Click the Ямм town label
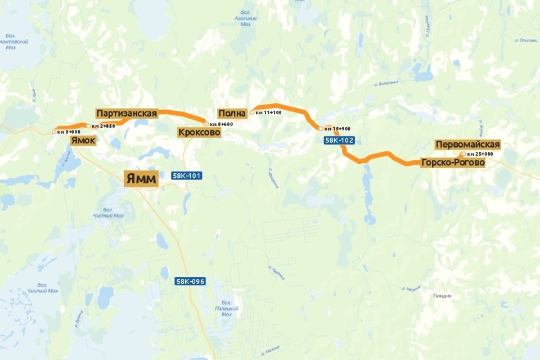click(141, 179)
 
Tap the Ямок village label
click(83, 141)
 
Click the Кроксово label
click(199, 133)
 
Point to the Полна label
click(232, 114)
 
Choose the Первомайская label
click(467, 145)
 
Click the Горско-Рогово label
click(452, 163)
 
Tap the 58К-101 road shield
click(187, 176)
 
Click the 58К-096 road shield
click(190, 282)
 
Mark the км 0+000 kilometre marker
click(55, 132)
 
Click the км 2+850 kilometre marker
click(89, 126)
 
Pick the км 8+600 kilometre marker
click(206, 124)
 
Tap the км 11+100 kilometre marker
click(253, 112)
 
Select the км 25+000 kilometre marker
click(463, 154)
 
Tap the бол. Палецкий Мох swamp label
click(226, 309)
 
